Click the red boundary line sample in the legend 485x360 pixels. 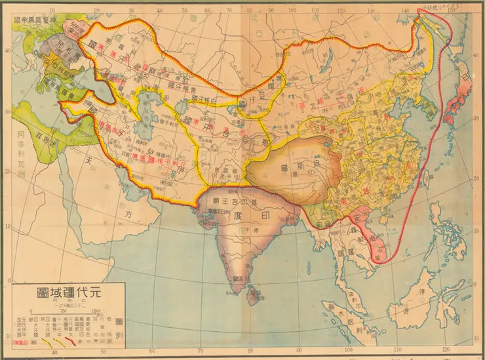click(24, 342)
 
